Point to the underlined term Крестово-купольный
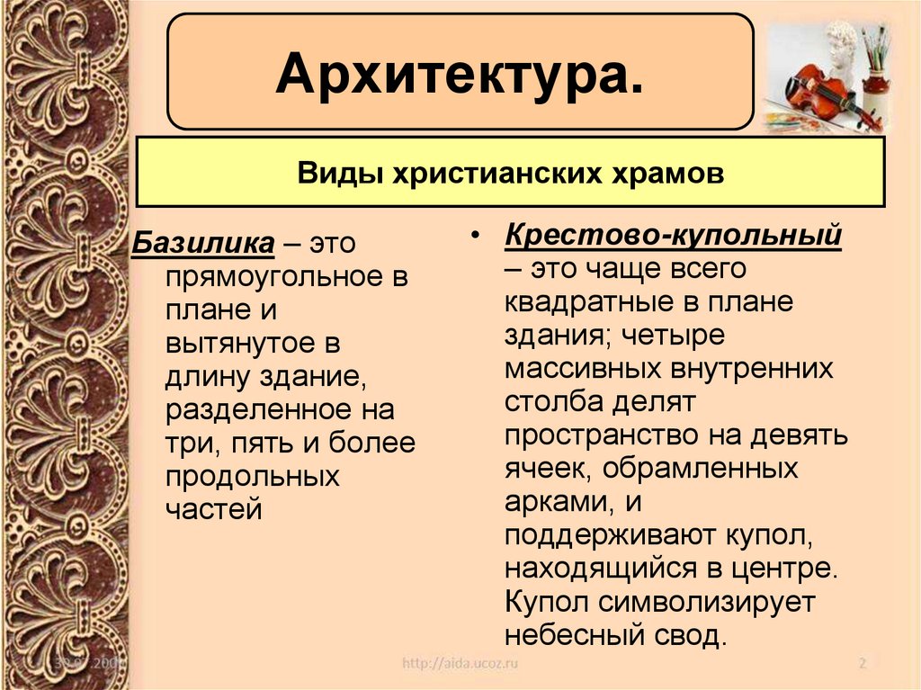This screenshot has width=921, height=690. coord(673,236)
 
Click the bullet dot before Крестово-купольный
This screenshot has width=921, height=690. coord(476,237)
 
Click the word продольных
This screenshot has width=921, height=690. coord(252,477)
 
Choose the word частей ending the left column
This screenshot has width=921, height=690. coord(213,510)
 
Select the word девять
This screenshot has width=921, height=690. coord(799,435)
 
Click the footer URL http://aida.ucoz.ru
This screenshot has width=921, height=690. coord(460,664)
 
